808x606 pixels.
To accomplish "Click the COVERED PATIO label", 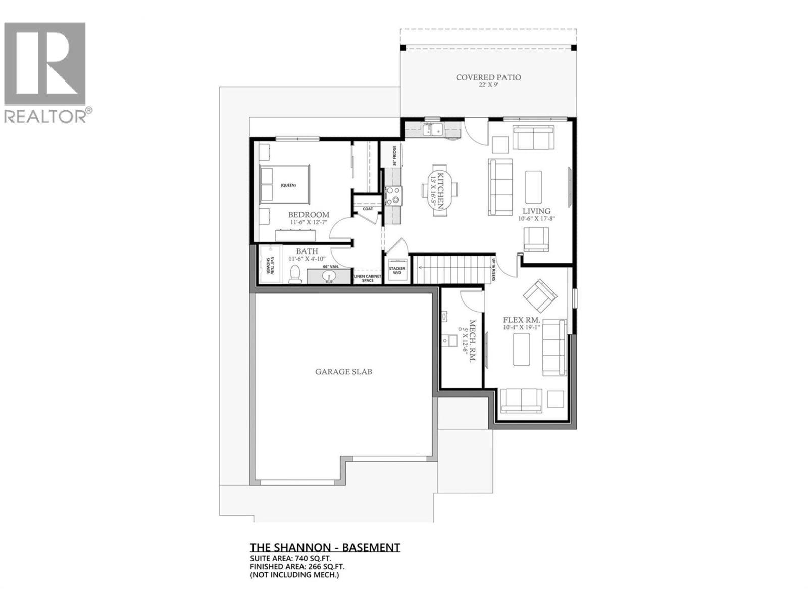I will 488,77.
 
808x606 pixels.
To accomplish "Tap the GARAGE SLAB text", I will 343,372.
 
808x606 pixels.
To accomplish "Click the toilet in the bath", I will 295,275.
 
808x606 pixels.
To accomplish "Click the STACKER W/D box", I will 396,271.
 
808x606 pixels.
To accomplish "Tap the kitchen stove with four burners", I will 394,195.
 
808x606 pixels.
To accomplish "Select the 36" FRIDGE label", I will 394,156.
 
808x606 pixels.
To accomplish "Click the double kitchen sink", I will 433,130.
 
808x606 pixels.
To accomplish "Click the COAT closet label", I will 367,209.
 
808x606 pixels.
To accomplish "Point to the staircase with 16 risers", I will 451,269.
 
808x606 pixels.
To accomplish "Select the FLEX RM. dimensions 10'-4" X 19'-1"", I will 522,328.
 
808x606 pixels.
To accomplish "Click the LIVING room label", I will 536,211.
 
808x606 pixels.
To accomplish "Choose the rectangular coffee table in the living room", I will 534,186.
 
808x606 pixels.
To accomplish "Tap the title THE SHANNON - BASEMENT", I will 325,548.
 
